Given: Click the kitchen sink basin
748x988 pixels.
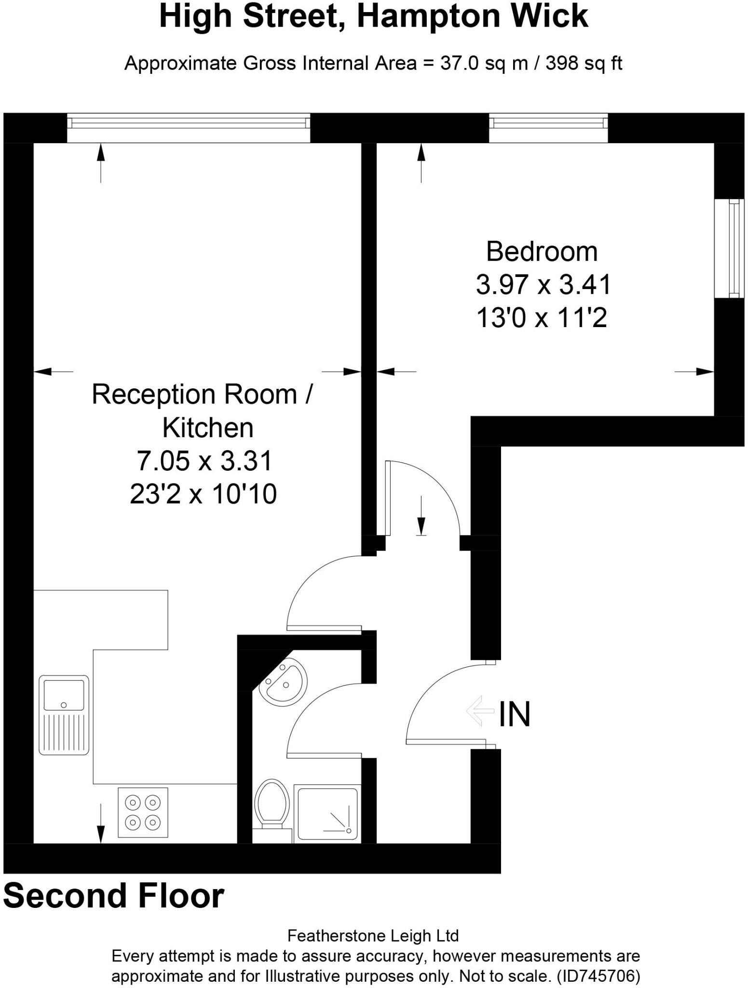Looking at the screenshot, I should pos(64,694).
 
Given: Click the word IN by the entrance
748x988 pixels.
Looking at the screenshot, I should pos(514,714).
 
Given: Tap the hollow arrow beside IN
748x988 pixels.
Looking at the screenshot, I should pos(480,711).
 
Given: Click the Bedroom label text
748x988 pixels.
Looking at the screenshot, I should pos(542,251).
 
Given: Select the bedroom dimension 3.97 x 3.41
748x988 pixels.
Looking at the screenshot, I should pos(544,285).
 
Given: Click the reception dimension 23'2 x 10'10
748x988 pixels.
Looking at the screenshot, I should pos(203,494).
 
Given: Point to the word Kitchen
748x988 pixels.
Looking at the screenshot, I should pos(207,427).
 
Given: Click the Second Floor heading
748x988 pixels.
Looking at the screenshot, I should pos(114,896).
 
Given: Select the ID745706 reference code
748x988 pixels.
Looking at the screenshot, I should pos(598,976).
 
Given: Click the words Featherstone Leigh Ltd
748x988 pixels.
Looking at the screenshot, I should pos(373,936).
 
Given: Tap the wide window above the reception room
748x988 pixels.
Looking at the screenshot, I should pos(188,127).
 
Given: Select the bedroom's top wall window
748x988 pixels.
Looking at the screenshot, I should pos(548,127).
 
